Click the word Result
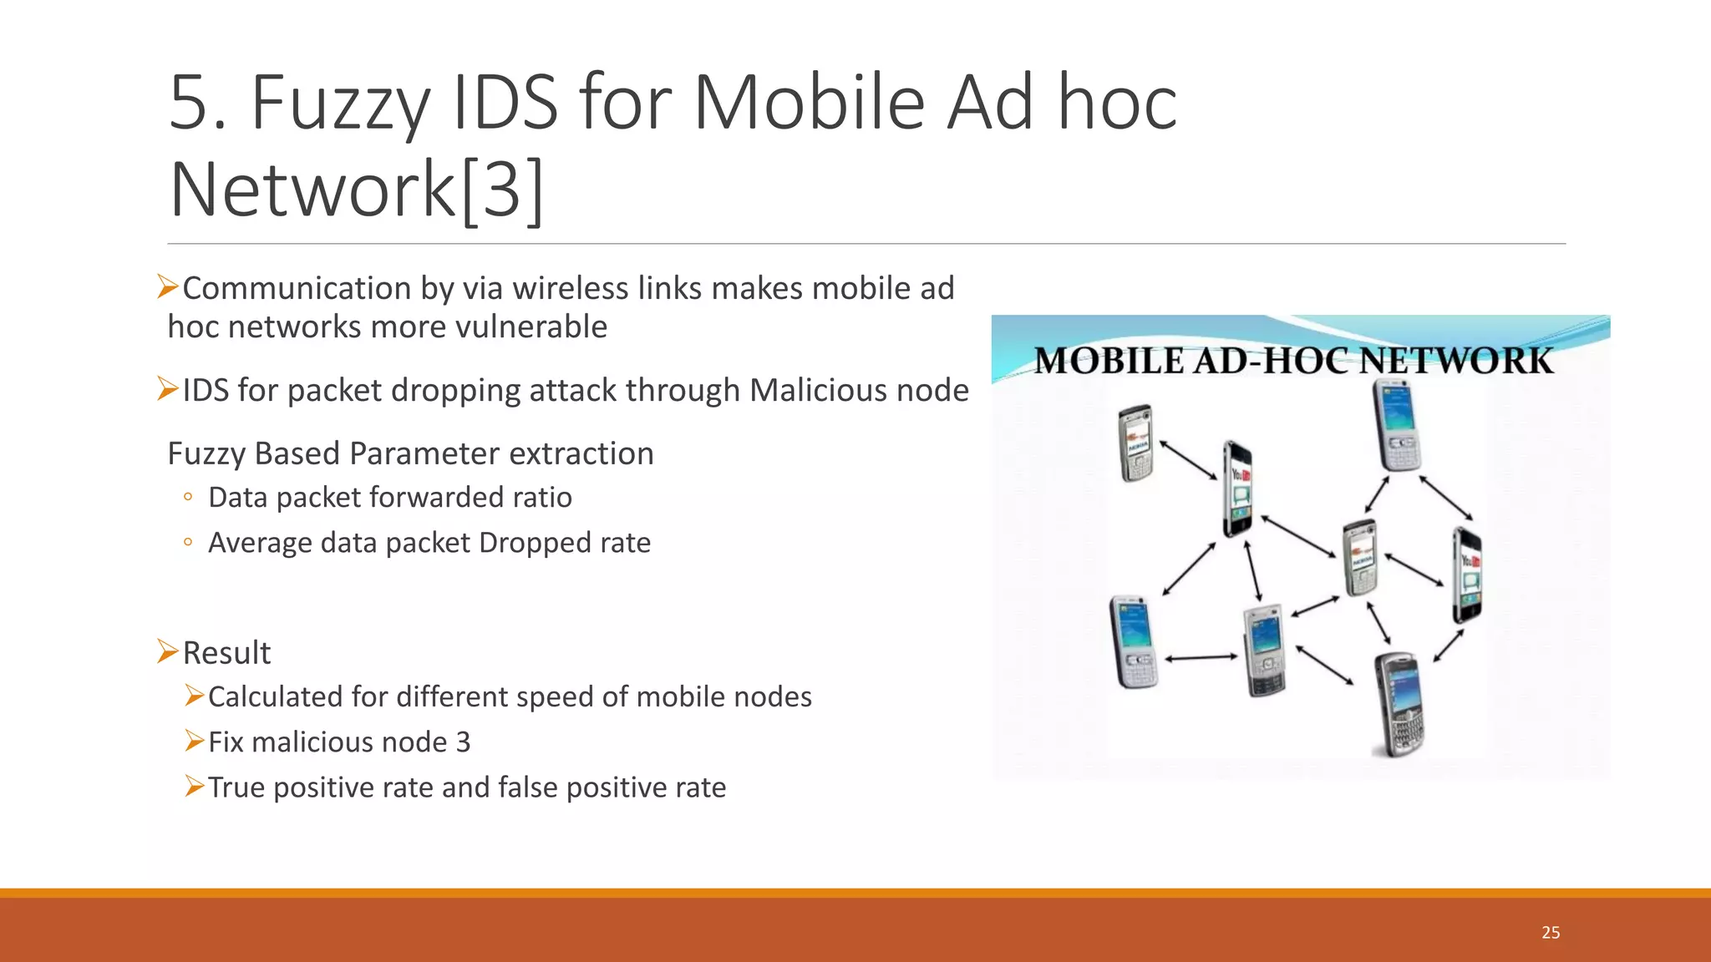[x=226, y=653]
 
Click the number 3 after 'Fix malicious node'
[x=463, y=742]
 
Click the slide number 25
[x=1551, y=932]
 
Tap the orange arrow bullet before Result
[x=168, y=651]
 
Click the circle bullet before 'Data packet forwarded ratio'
[x=188, y=498]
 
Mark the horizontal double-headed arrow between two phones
[x=1201, y=658]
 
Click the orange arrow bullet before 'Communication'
[x=168, y=286]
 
